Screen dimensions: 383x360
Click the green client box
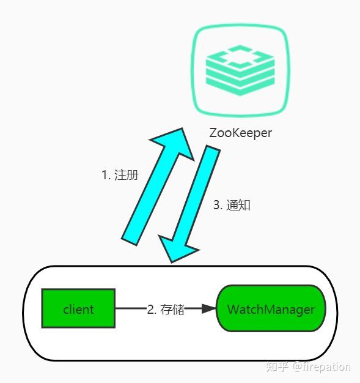78,308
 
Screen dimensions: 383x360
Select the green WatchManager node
271,308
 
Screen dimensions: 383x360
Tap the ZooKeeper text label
240,133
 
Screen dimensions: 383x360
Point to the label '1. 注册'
119,174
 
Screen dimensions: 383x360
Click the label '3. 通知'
232,205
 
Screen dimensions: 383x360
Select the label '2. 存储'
166,309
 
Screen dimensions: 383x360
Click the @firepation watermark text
321,366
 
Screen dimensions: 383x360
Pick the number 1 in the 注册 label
105,174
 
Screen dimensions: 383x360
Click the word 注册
126,174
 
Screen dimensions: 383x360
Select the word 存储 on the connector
172,309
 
